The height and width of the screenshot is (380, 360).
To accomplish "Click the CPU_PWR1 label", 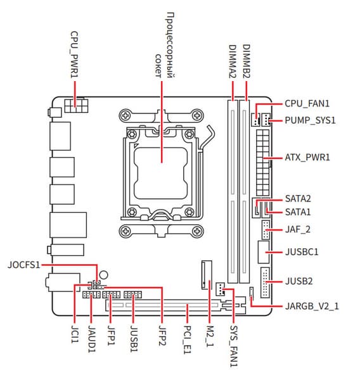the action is click(x=75, y=54).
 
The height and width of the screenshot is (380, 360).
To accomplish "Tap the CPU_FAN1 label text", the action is click(x=307, y=103).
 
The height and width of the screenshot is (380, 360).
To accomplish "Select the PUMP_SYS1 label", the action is click(x=311, y=120).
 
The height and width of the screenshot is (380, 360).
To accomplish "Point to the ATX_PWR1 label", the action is click(x=307, y=157).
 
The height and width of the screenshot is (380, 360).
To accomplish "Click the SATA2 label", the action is click(x=298, y=198).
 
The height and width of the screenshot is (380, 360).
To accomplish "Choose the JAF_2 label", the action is click(x=298, y=229).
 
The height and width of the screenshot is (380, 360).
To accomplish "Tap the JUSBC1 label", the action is click(x=302, y=252).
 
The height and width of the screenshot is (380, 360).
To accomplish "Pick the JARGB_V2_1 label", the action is click(x=312, y=306).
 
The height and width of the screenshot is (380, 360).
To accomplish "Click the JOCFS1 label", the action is click(x=24, y=265).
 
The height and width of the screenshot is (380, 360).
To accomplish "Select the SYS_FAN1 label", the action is click(x=234, y=346).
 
